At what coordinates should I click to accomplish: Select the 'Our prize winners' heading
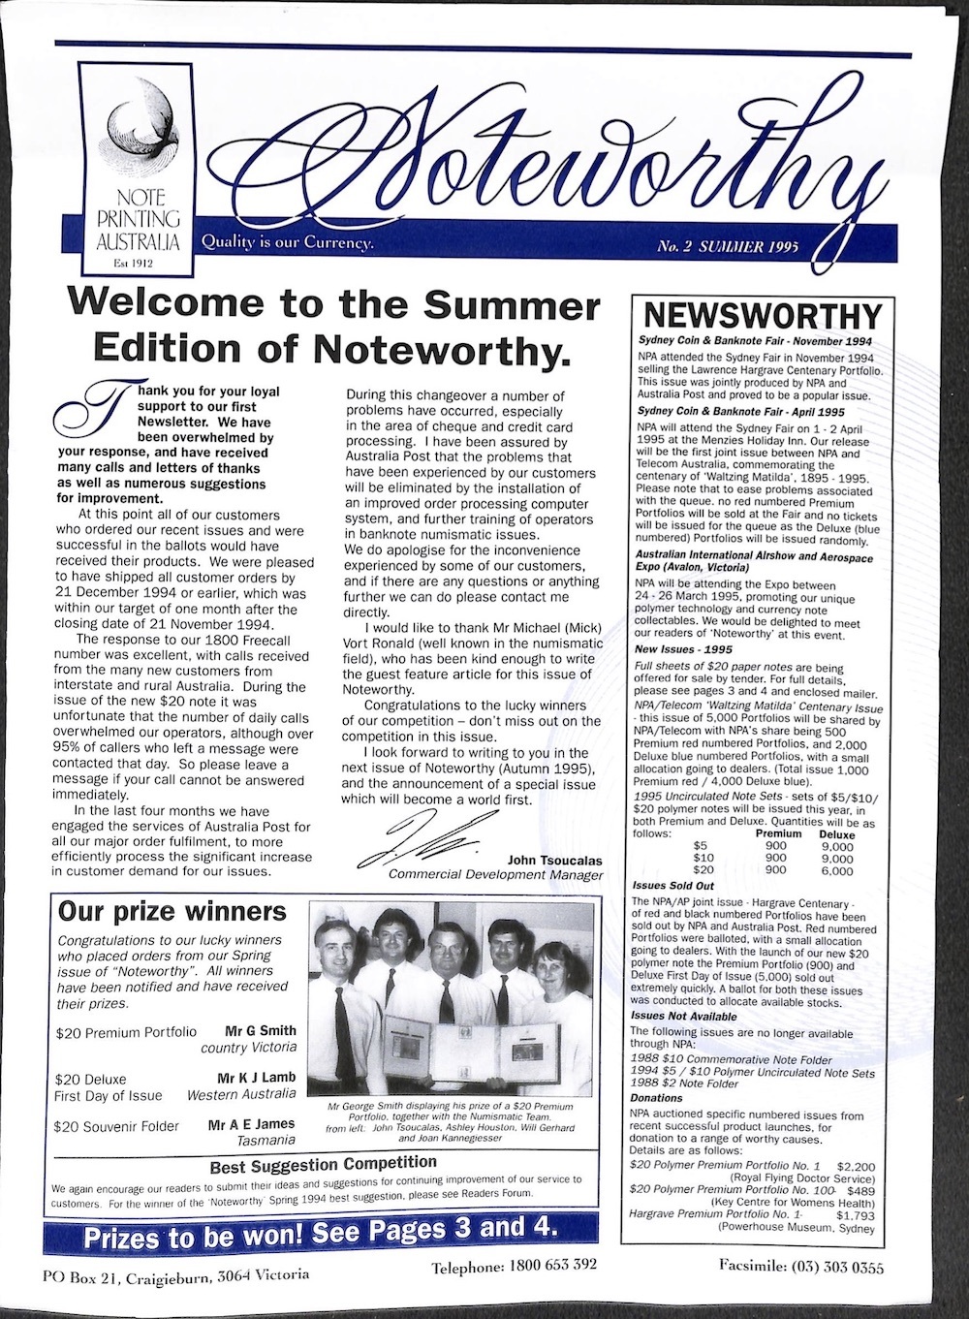click(172, 912)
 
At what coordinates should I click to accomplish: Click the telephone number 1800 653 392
click(515, 1265)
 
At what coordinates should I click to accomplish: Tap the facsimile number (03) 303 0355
click(801, 1266)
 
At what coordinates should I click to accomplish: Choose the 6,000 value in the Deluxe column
click(836, 870)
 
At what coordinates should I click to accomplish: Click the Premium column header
click(778, 834)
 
